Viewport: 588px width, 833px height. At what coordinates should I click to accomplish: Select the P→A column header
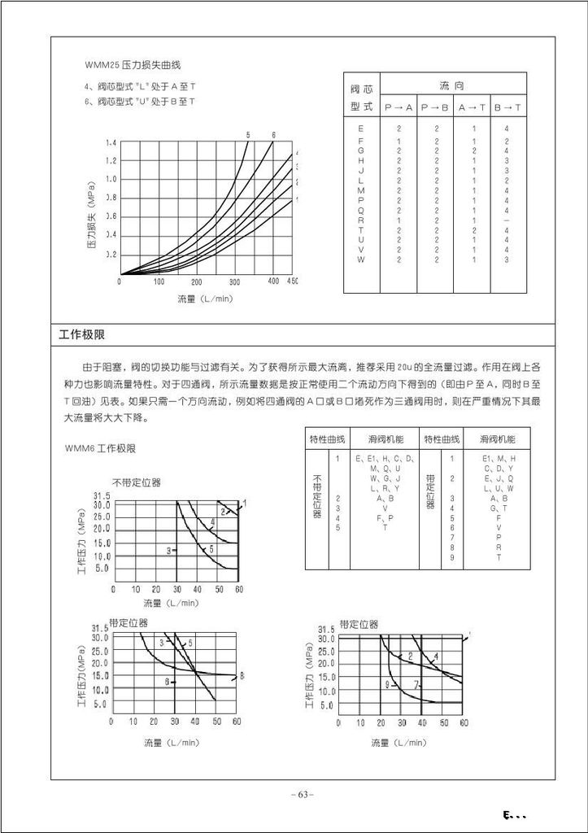(399, 107)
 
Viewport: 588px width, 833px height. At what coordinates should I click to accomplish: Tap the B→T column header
(507, 107)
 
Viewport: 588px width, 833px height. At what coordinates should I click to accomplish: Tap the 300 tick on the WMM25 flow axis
(235, 281)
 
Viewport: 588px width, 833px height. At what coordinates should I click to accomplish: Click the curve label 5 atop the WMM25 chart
(247, 134)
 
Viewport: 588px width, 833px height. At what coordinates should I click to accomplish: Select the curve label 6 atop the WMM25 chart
(273, 134)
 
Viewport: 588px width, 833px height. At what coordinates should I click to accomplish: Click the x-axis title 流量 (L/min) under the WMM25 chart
(205, 299)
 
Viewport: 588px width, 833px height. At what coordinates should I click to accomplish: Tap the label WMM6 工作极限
(100, 448)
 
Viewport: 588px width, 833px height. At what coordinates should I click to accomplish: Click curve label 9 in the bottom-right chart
(387, 683)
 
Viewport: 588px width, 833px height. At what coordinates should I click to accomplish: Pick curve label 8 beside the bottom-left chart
(242, 675)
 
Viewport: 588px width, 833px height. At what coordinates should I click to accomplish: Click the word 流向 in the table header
(451, 85)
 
